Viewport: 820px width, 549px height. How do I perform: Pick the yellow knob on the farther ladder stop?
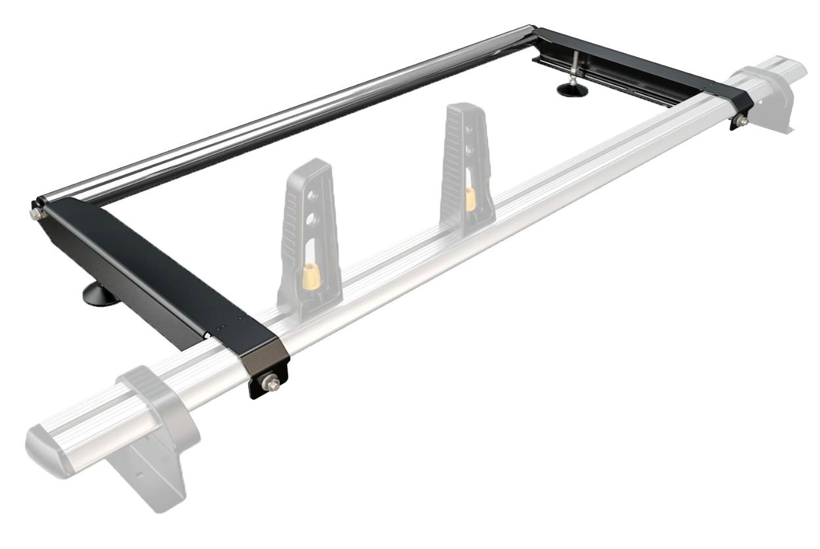[470, 196]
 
